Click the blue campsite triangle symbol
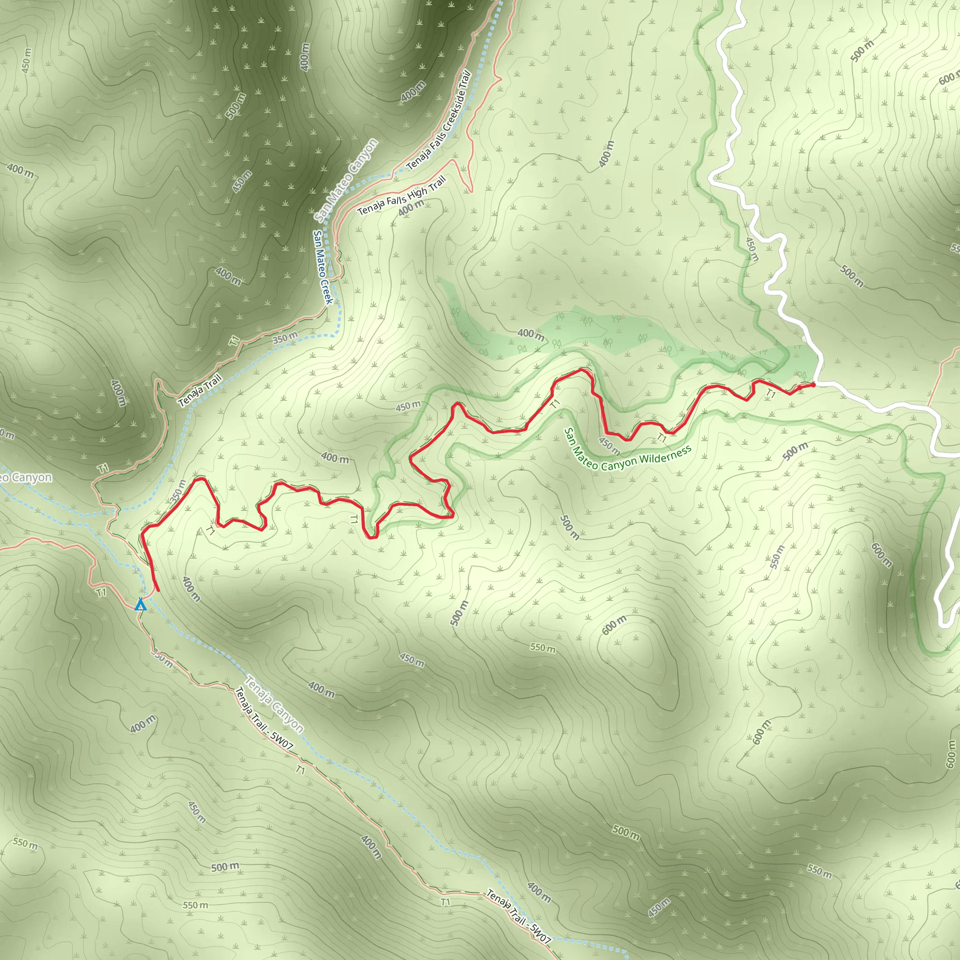click(x=141, y=605)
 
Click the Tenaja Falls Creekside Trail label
click(x=439, y=121)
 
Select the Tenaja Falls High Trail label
click(x=402, y=196)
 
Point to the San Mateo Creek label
click(x=322, y=267)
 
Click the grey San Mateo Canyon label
click(x=346, y=181)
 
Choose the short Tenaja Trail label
click(x=200, y=390)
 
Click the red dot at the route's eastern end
click(x=813, y=384)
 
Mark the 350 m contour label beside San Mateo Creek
click(x=285, y=338)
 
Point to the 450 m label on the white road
click(x=752, y=249)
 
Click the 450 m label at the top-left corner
click(x=27, y=60)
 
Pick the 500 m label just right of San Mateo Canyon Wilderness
click(x=795, y=450)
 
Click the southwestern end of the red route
click(x=157, y=591)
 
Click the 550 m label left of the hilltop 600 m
click(x=543, y=648)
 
